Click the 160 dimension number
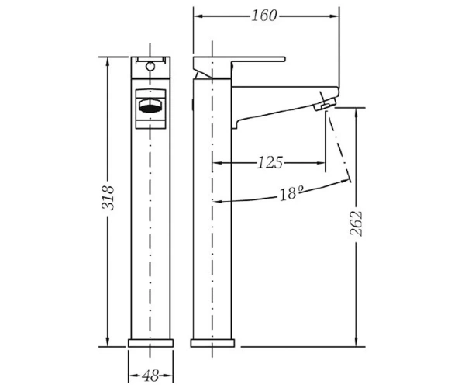coord(264,16)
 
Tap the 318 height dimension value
coord(108,198)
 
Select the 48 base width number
coord(150,376)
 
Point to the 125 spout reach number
coord(270,163)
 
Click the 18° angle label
coord(292,193)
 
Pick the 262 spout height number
coord(356,223)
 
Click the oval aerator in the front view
coord(150,106)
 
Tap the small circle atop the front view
coord(150,66)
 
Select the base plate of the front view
coord(150,343)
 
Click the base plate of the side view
coord(212,343)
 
